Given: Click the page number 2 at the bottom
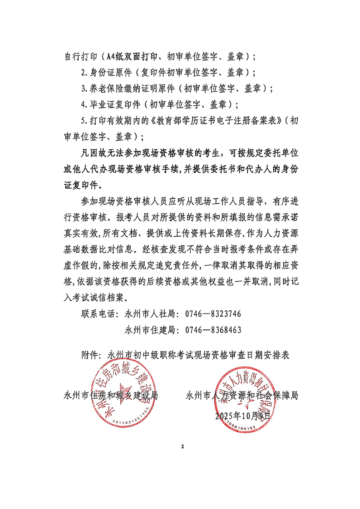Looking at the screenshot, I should click(182, 447).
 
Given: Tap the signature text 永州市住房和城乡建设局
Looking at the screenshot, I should click(111, 395).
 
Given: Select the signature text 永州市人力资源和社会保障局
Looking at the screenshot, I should click(242, 395).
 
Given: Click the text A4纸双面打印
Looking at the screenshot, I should click(132, 58).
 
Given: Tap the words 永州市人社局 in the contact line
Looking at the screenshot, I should click(149, 314).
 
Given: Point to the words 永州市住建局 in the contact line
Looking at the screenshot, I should click(149, 330).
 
